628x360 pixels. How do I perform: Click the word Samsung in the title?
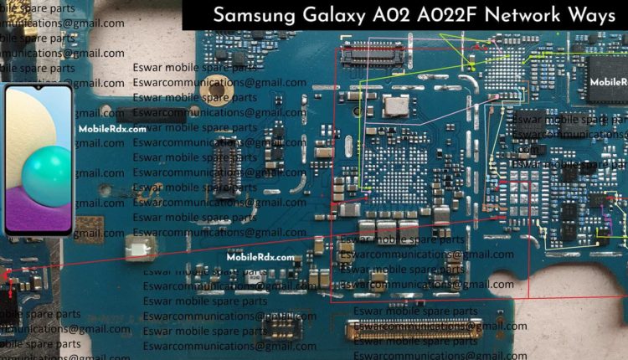coord(251,16)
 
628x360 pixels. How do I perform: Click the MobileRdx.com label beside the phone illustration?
coord(112,130)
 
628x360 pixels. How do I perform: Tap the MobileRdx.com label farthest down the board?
coord(260,258)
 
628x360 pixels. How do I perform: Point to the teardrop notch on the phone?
coord(39,87)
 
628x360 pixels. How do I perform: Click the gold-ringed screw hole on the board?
coord(219,85)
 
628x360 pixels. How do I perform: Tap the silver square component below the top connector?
coord(396,105)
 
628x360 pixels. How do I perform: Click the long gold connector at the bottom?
coord(414,328)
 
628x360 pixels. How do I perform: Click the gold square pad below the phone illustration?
coord(88,228)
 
